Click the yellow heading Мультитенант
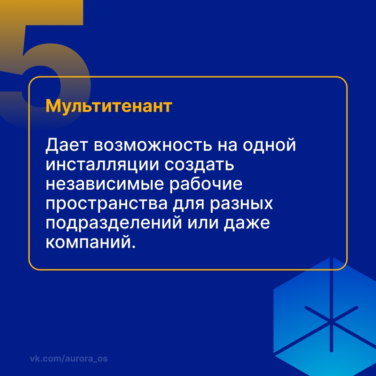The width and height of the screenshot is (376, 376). (x=109, y=106)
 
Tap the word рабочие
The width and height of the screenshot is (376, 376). (x=205, y=185)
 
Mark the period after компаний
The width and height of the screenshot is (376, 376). (x=132, y=247)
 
